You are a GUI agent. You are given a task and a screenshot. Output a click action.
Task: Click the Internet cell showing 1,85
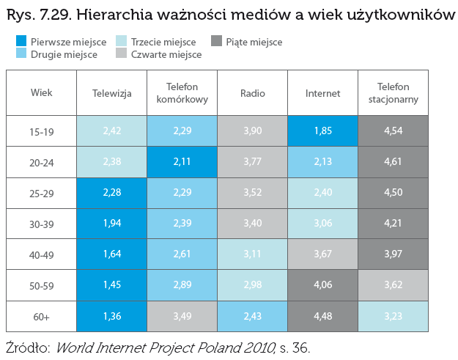click(x=322, y=131)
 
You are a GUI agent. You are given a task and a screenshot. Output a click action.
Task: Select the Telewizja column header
click(x=112, y=93)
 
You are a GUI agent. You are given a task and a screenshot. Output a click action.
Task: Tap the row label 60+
click(x=42, y=317)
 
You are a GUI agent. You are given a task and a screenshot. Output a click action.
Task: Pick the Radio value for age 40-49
click(x=252, y=254)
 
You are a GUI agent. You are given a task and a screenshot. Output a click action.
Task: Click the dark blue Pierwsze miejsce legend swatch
click(x=21, y=41)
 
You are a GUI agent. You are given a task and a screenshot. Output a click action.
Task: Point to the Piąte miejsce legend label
click(x=254, y=42)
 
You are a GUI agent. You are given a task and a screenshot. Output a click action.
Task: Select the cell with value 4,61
click(x=394, y=161)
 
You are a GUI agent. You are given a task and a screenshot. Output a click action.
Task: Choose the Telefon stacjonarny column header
click(x=394, y=93)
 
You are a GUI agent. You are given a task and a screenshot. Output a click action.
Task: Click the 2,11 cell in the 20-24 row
click(x=182, y=161)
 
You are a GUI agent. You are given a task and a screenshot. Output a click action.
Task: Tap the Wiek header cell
click(x=42, y=92)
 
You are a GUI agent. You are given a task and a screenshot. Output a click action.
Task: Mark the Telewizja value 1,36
click(x=112, y=316)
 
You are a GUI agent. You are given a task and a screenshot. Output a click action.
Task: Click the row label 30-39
click(x=42, y=224)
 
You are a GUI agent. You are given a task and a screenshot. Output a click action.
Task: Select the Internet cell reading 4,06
click(x=322, y=284)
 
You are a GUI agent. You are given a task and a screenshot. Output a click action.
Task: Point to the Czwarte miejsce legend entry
click(x=158, y=54)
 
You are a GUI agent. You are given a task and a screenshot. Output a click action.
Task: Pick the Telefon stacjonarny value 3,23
click(x=394, y=316)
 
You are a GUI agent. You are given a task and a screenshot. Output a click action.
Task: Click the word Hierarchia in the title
click(x=114, y=15)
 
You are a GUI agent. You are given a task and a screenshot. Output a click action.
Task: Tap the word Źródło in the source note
click(x=28, y=348)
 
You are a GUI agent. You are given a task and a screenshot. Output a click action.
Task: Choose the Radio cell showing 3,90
click(x=252, y=131)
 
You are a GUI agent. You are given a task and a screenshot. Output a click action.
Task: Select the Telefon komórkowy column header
click(x=182, y=93)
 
